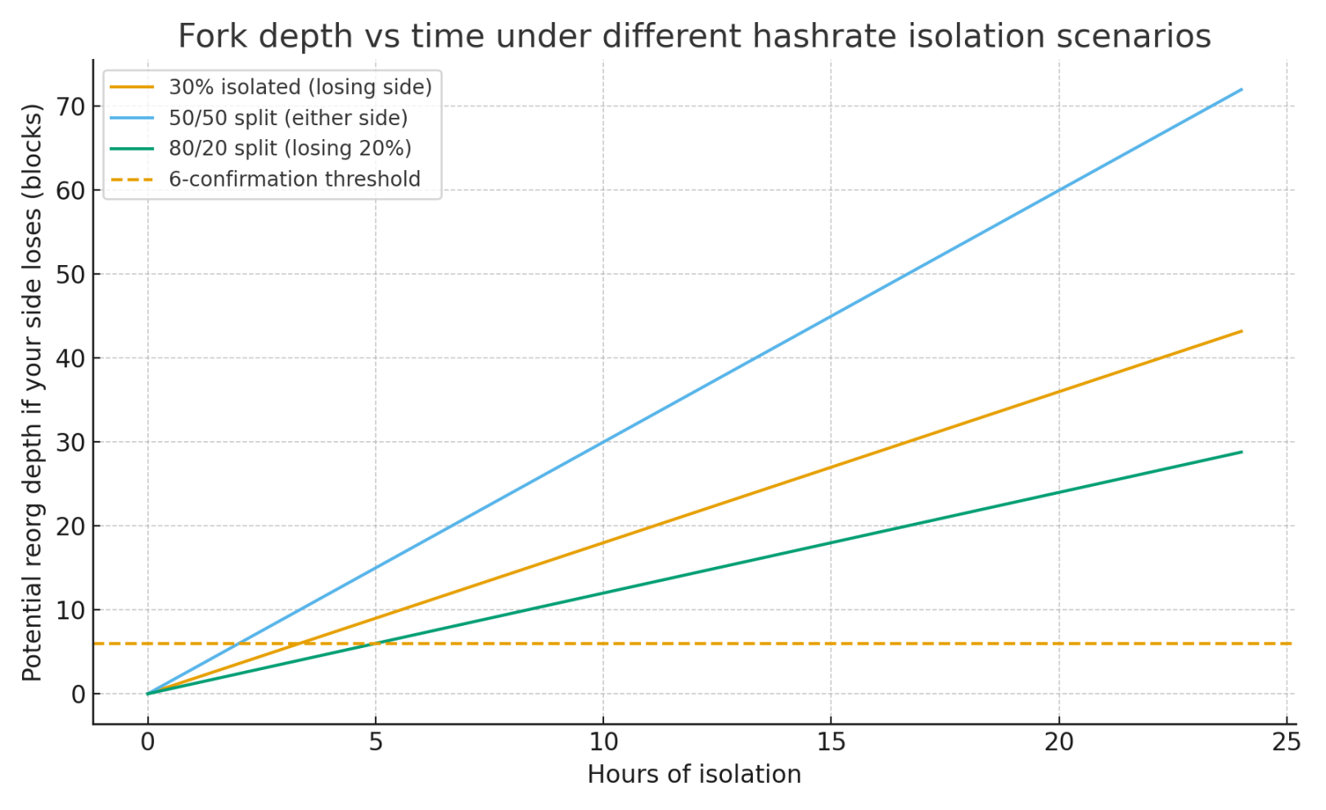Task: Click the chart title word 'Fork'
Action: pyautogui.click(x=209, y=37)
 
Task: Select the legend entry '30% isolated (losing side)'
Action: pyautogui.click(x=300, y=87)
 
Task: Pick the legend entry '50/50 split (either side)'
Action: pyautogui.click(x=287, y=118)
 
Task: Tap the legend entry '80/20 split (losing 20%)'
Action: pyautogui.click(x=290, y=148)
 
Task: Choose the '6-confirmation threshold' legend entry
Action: pyautogui.click(x=294, y=179)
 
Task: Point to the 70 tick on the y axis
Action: pyautogui.click(x=71, y=106)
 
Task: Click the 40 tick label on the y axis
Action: pyautogui.click(x=71, y=358)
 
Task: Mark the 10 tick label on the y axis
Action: pyautogui.click(x=71, y=610)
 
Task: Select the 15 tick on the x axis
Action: pyautogui.click(x=831, y=742)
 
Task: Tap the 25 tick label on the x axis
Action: pyautogui.click(x=1287, y=742)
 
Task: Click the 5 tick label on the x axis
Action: pyautogui.click(x=376, y=742)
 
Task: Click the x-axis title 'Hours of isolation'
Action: pyautogui.click(x=694, y=775)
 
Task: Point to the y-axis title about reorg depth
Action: pyautogui.click(x=32, y=393)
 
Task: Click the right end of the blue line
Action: pyautogui.click(x=1242, y=89)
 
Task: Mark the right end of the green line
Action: pyautogui.click(x=1242, y=452)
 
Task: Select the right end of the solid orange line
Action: pyautogui.click(x=1242, y=331)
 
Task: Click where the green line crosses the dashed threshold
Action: pyautogui.click(x=376, y=644)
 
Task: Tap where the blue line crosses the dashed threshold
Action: pyautogui.click(x=239, y=644)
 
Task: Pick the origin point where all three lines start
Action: pyautogui.click(x=148, y=694)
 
